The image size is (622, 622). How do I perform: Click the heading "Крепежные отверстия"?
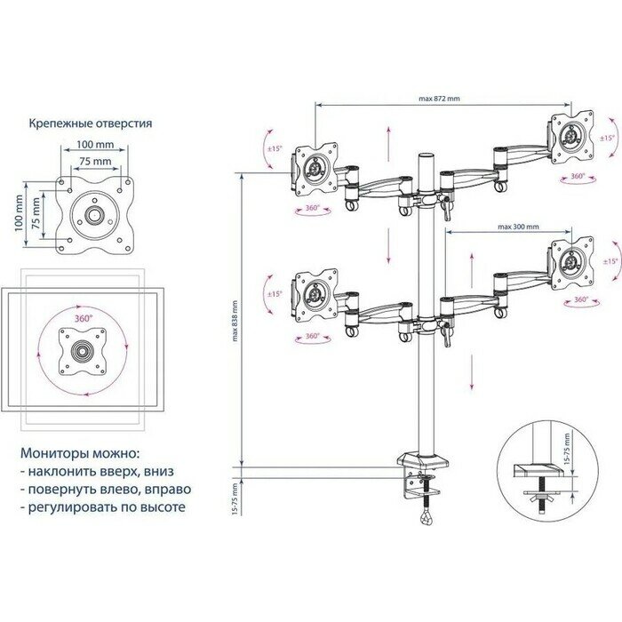point(90,123)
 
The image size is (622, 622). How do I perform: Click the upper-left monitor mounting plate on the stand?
point(315,168)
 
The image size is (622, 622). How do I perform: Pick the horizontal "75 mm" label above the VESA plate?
point(94,161)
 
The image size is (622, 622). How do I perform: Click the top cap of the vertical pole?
point(427,157)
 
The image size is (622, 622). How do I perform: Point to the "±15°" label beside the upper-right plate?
point(608,139)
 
